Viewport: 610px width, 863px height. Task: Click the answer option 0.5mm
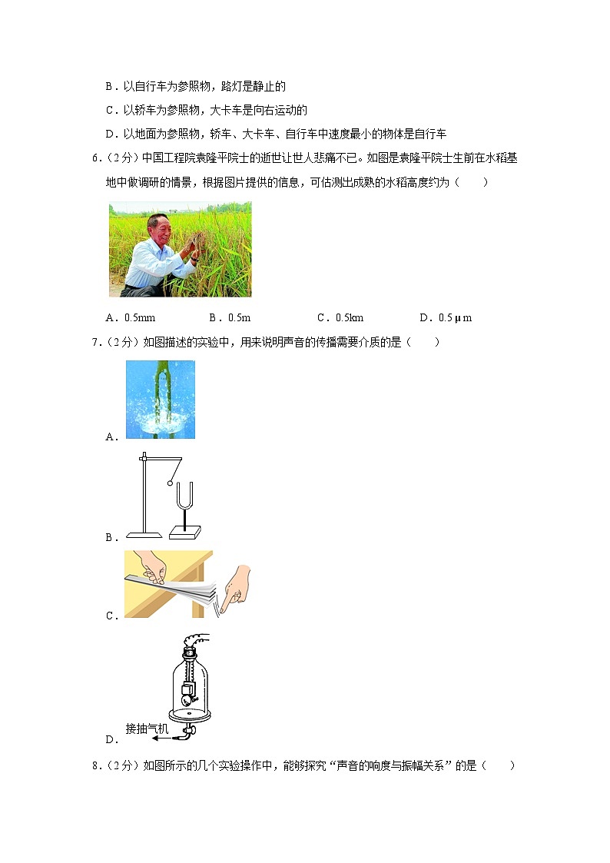click(x=140, y=317)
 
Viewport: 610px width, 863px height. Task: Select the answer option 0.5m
click(x=239, y=317)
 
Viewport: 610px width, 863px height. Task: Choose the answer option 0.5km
click(x=350, y=317)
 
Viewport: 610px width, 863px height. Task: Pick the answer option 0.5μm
click(x=456, y=317)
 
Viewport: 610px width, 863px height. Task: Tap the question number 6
click(x=95, y=158)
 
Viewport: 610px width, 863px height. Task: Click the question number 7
click(x=95, y=342)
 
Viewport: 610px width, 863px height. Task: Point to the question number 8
click(x=95, y=765)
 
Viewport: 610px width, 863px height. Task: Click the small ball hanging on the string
click(x=171, y=483)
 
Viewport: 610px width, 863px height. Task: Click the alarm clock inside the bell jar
click(x=187, y=693)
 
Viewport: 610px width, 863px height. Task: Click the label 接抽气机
click(x=147, y=729)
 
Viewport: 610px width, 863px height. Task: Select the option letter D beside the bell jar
click(x=111, y=740)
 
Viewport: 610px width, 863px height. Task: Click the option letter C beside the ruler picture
click(x=111, y=616)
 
